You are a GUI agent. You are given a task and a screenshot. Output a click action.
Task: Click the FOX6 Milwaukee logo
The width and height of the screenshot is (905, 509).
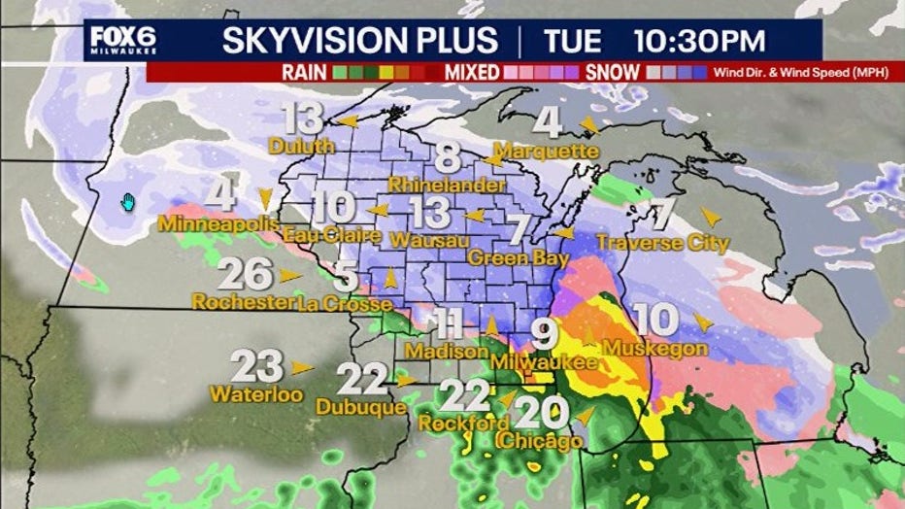tap(122, 40)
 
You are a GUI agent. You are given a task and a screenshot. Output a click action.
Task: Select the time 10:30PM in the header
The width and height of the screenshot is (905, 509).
tap(700, 41)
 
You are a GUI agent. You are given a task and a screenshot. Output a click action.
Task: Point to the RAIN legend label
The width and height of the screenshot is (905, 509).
tap(304, 72)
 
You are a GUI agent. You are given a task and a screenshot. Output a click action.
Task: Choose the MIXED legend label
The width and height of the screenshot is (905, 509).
tap(473, 72)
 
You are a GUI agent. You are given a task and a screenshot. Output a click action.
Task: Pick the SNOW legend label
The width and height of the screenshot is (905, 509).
tap(613, 72)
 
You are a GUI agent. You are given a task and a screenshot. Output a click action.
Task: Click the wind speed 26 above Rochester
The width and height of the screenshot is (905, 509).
tap(245, 275)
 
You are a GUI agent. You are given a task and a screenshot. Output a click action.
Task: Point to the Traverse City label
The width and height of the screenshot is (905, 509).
tap(662, 243)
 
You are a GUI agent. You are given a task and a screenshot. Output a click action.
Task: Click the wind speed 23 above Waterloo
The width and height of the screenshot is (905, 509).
tap(257, 367)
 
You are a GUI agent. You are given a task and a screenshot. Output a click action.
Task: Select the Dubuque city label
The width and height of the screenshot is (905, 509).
tap(361, 408)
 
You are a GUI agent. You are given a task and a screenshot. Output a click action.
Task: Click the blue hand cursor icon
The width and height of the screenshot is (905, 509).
tap(127, 202)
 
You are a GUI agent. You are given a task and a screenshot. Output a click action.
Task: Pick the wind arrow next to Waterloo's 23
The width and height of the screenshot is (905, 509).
tap(302, 367)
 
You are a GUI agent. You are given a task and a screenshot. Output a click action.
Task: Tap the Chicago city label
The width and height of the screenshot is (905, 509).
tap(539, 441)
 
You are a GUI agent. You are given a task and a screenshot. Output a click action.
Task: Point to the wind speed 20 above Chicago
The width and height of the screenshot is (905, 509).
tap(541, 414)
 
